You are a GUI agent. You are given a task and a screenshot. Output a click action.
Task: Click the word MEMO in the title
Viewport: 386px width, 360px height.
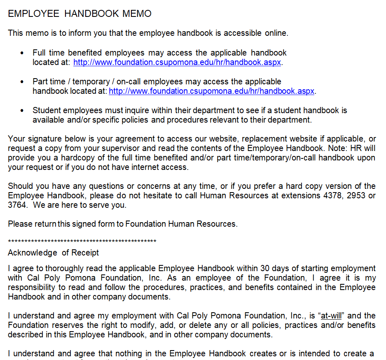[137, 14]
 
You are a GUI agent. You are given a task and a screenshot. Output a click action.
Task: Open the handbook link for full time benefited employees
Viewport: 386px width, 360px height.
[178, 63]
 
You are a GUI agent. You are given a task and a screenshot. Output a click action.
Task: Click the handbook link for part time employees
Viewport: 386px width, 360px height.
[211, 91]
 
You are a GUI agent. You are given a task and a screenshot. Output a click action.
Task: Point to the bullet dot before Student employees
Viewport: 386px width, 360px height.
[22, 111]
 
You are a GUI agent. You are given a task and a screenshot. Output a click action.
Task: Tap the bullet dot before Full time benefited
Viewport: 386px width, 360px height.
[22, 53]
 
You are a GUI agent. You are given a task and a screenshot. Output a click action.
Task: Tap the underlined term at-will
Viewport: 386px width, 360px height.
[332, 316]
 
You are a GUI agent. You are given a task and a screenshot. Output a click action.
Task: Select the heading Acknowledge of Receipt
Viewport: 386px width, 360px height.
[53, 253]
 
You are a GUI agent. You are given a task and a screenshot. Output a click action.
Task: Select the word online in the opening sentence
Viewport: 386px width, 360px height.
[276, 33]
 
